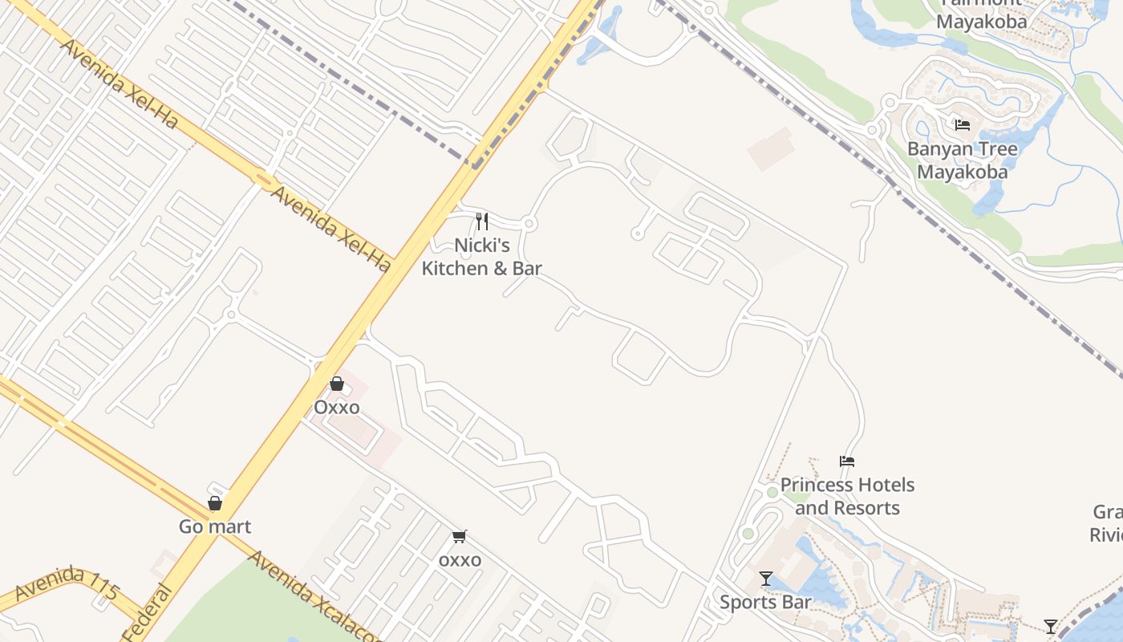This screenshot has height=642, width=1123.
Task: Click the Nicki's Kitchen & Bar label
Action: (481, 257)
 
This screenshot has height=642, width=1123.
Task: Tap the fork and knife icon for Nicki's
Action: (482, 221)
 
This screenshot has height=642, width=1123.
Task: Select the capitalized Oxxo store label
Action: (336, 407)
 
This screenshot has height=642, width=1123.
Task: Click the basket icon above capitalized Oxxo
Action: (337, 384)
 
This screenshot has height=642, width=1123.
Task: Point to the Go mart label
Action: (214, 526)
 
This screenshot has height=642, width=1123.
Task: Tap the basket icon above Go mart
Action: (215, 503)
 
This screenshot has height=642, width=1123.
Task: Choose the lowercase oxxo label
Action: (460, 559)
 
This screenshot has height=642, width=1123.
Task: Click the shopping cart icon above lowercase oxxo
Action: (460, 536)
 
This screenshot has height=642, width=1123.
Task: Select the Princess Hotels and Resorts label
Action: (847, 496)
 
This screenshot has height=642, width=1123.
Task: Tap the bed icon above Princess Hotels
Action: (847, 461)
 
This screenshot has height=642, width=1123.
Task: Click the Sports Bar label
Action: (765, 602)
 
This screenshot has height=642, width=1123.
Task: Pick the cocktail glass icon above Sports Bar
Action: (766, 578)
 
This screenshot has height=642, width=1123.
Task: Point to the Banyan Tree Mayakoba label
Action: (962, 160)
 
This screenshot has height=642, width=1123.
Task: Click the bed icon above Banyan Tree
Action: (963, 124)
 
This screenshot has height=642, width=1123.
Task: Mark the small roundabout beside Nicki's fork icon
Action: (529, 224)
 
